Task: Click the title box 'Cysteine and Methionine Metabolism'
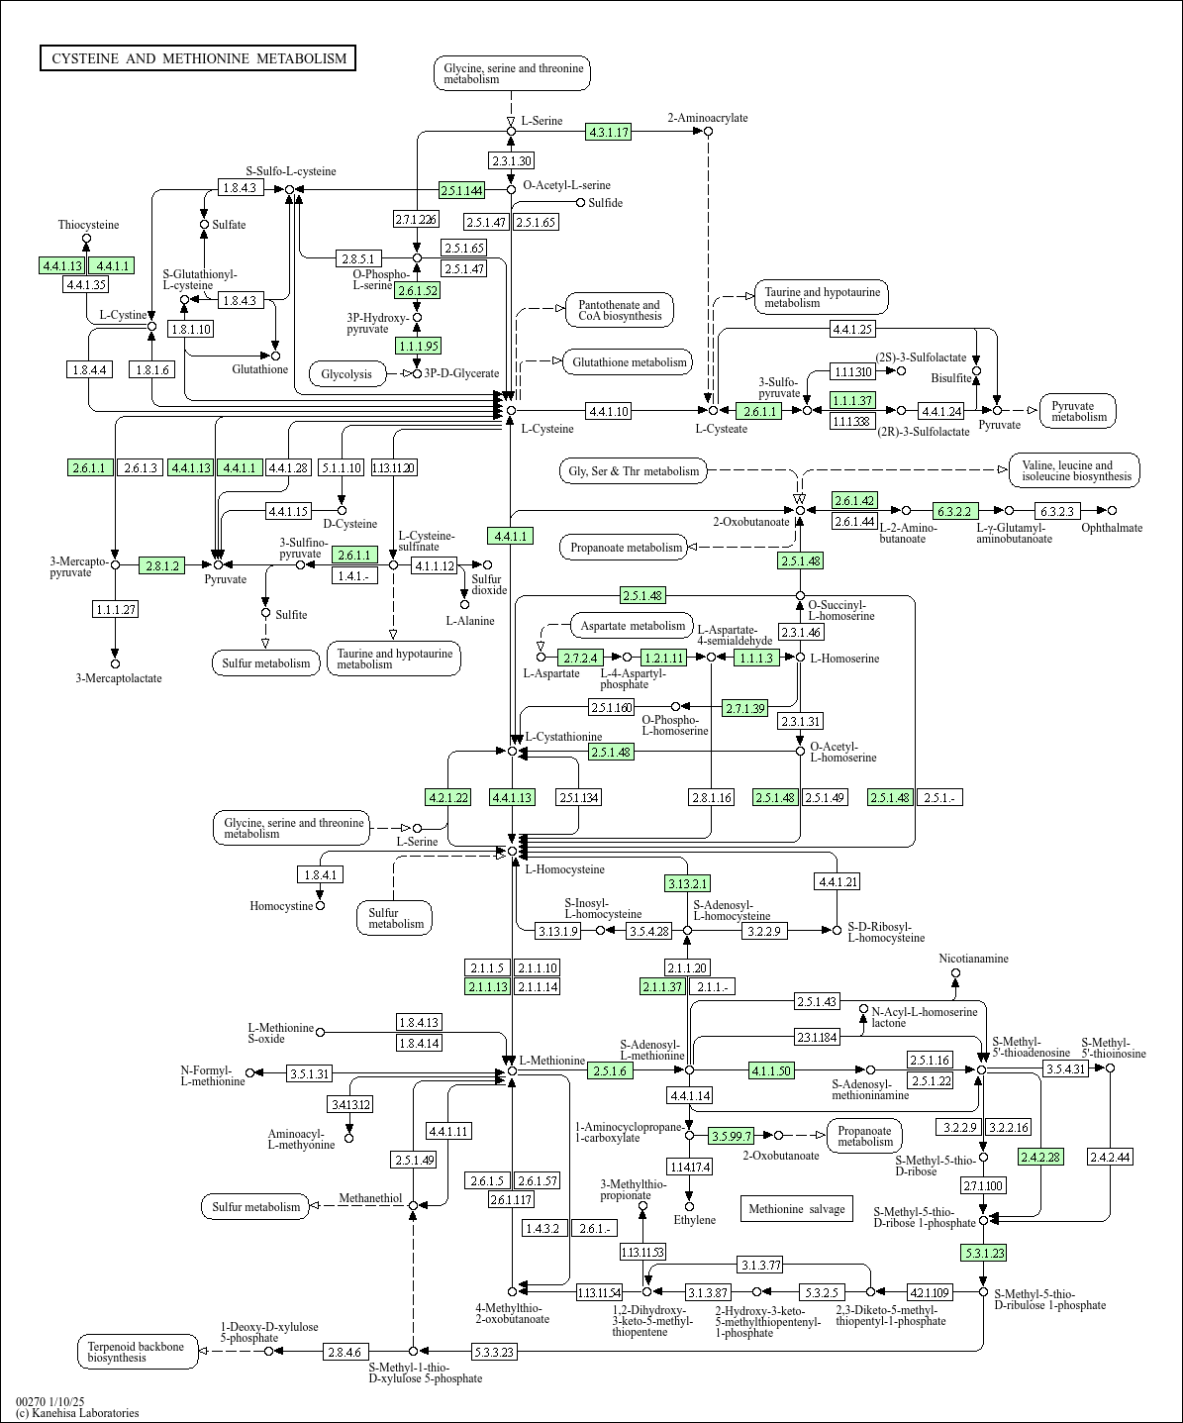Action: point(198,58)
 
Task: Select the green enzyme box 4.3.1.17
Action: point(608,133)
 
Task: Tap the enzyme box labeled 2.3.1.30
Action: point(511,160)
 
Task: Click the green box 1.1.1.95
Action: point(417,346)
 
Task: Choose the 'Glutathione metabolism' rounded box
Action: point(629,362)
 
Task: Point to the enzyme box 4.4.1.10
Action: point(608,410)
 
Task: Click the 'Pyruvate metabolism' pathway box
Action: point(1078,411)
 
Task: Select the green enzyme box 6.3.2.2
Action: point(955,511)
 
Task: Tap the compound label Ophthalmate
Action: point(1112,528)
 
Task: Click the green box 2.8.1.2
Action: point(162,565)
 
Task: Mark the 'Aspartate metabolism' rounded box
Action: point(633,626)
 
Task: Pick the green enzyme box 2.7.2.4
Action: point(581,657)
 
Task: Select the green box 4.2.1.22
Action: point(447,797)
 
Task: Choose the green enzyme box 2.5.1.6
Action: point(611,1070)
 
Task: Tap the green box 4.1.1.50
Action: point(771,1070)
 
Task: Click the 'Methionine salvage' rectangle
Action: point(796,1208)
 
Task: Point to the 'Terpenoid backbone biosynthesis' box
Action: point(137,1352)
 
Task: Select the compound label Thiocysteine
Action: point(88,225)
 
